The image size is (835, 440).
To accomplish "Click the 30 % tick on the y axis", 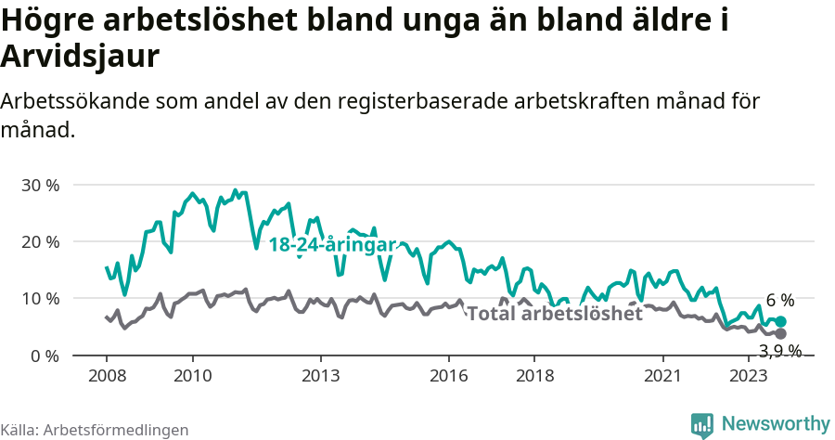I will [x=40, y=185].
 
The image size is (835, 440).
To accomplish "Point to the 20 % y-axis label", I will [x=40, y=241].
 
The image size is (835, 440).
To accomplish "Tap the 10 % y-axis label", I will [x=40, y=299].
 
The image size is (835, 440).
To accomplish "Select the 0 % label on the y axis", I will [x=45, y=356].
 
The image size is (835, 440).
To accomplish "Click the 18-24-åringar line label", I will [x=332, y=245].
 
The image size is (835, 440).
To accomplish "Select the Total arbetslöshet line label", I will [x=554, y=314].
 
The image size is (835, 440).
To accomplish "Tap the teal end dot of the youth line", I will [x=780, y=321].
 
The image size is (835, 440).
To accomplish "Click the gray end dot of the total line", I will [x=780, y=333].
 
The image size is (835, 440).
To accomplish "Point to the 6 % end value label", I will [x=779, y=301].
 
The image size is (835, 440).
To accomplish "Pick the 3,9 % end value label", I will [x=780, y=351].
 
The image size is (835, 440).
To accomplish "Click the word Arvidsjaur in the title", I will [x=81, y=56].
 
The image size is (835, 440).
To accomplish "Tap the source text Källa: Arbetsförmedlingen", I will [x=95, y=430].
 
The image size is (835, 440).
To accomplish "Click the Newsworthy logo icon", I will [x=702, y=424].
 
